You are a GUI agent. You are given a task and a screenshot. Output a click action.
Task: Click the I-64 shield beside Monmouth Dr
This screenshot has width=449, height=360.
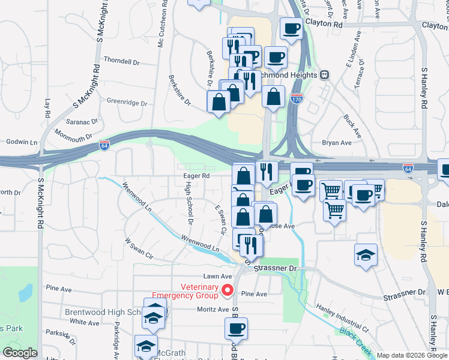pos(104,145)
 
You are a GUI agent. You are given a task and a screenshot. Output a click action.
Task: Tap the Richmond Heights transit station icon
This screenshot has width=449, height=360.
pos(325,75)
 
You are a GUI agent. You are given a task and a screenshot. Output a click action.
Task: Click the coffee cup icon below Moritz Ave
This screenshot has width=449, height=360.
pos(236,328)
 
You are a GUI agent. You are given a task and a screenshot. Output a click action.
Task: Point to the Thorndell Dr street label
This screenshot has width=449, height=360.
pos(121,62)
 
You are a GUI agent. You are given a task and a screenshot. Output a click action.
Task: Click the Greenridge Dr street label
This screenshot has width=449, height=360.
pos(127,103)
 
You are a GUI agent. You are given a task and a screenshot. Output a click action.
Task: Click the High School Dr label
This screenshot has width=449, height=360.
pos(188,203)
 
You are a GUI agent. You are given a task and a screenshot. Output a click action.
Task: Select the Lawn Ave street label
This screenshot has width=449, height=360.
pos(217,276)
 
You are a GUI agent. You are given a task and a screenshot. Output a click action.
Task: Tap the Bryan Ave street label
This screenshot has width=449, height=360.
pos(337,143)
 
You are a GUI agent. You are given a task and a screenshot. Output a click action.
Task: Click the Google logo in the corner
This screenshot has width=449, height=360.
pos(20,353)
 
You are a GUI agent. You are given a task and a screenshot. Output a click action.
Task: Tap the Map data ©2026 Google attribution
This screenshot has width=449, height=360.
pos(412,355)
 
